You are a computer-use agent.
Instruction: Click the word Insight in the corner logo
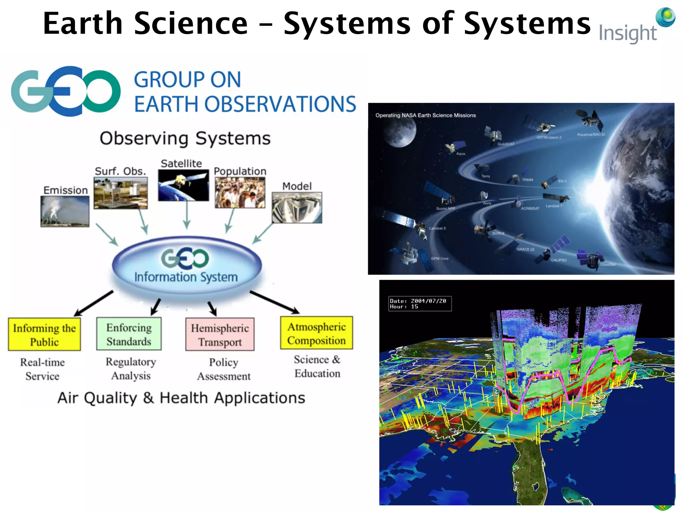point(627,34)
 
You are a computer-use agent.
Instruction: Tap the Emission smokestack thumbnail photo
point(65,211)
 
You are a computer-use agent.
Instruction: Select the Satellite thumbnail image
point(183,185)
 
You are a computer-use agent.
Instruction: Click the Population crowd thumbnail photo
point(240,193)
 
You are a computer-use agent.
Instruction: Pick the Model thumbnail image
point(297,207)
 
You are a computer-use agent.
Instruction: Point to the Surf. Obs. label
point(120,171)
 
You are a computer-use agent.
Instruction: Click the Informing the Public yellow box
point(44,335)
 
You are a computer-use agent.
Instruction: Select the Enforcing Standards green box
point(129,334)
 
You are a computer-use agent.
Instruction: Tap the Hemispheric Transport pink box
point(220,335)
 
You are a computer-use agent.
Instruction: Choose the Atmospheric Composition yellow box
point(316,333)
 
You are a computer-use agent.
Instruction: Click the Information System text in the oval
point(186,277)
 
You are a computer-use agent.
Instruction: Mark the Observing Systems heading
point(185,138)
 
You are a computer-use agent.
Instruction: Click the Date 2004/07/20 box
point(420,304)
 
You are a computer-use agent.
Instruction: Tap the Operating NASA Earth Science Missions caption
point(426,115)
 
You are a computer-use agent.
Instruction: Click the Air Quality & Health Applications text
point(181,398)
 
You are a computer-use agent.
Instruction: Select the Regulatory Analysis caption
point(131,369)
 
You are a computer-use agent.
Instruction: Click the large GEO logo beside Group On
point(66,91)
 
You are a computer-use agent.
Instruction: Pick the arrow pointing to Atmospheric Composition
point(274,302)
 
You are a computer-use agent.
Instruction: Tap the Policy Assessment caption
point(223,369)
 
